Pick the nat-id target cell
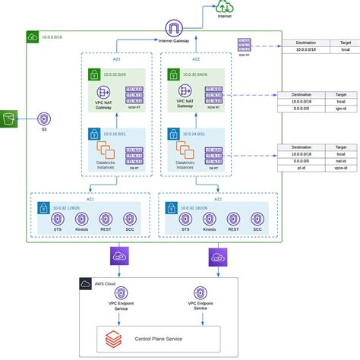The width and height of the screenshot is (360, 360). point(341,160)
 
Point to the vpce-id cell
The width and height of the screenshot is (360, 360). point(341,168)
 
